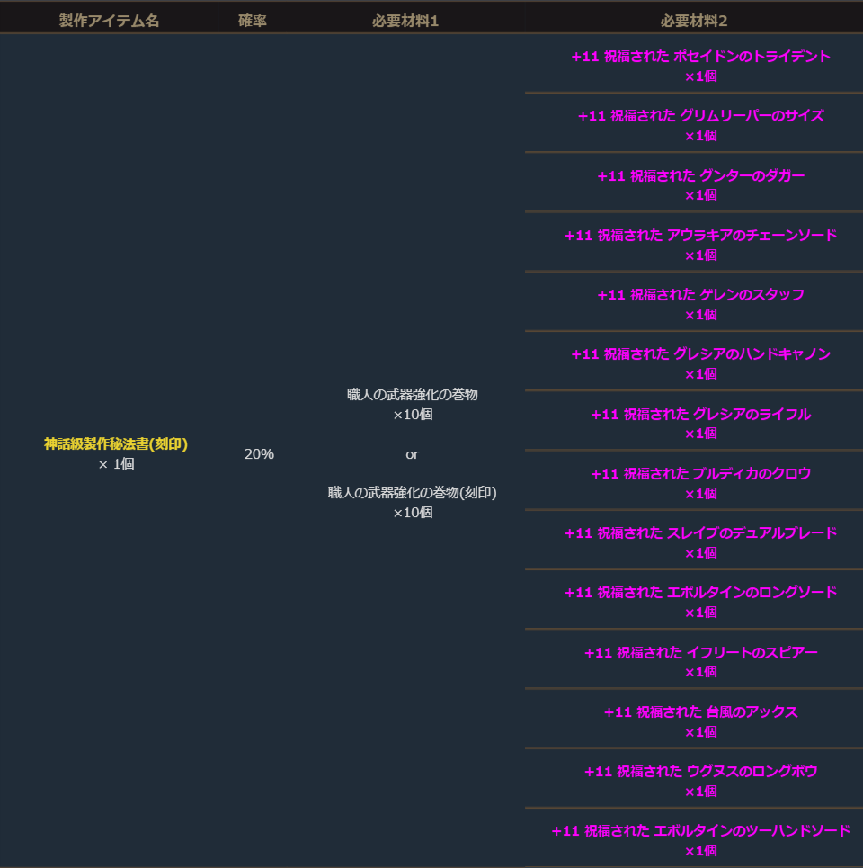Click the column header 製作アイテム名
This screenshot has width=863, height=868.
pyautogui.click(x=109, y=21)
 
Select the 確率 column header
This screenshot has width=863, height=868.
pyautogui.click(x=252, y=21)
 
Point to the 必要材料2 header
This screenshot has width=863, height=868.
pyautogui.click(x=693, y=21)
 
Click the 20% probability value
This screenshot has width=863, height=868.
pyautogui.click(x=259, y=454)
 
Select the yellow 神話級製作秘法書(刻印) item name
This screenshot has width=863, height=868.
pyautogui.click(x=116, y=443)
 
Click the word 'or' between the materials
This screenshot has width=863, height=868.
pyautogui.click(x=412, y=454)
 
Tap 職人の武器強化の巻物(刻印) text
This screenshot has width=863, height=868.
pyautogui.click(x=412, y=492)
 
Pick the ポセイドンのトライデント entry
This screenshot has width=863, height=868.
pyautogui.click(x=700, y=57)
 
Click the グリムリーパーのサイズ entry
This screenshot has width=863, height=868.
pyautogui.click(x=700, y=116)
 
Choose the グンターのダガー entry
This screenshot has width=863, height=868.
pyautogui.click(x=700, y=176)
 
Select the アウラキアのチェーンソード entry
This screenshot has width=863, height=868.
pyautogui.click(x=700, y=236)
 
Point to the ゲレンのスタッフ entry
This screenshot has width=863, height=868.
pyautogui.click(x=700, y=295)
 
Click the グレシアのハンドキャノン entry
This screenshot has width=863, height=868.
pyautogui.click(x=700, y=354)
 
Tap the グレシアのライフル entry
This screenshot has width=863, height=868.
pyautogui.click(x=700, y=415)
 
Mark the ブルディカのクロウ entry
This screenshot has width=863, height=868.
pyautogui.click(x=700, y=474)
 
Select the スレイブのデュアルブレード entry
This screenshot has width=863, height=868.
pyautogui.click(x=700, y=533)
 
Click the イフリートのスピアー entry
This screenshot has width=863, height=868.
pyautogui.click(x=700, y=653)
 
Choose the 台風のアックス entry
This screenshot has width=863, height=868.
pyautogui.click(x=700, y=712)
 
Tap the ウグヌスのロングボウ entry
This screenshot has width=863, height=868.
pyautogui.click(x=700, y=772)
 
